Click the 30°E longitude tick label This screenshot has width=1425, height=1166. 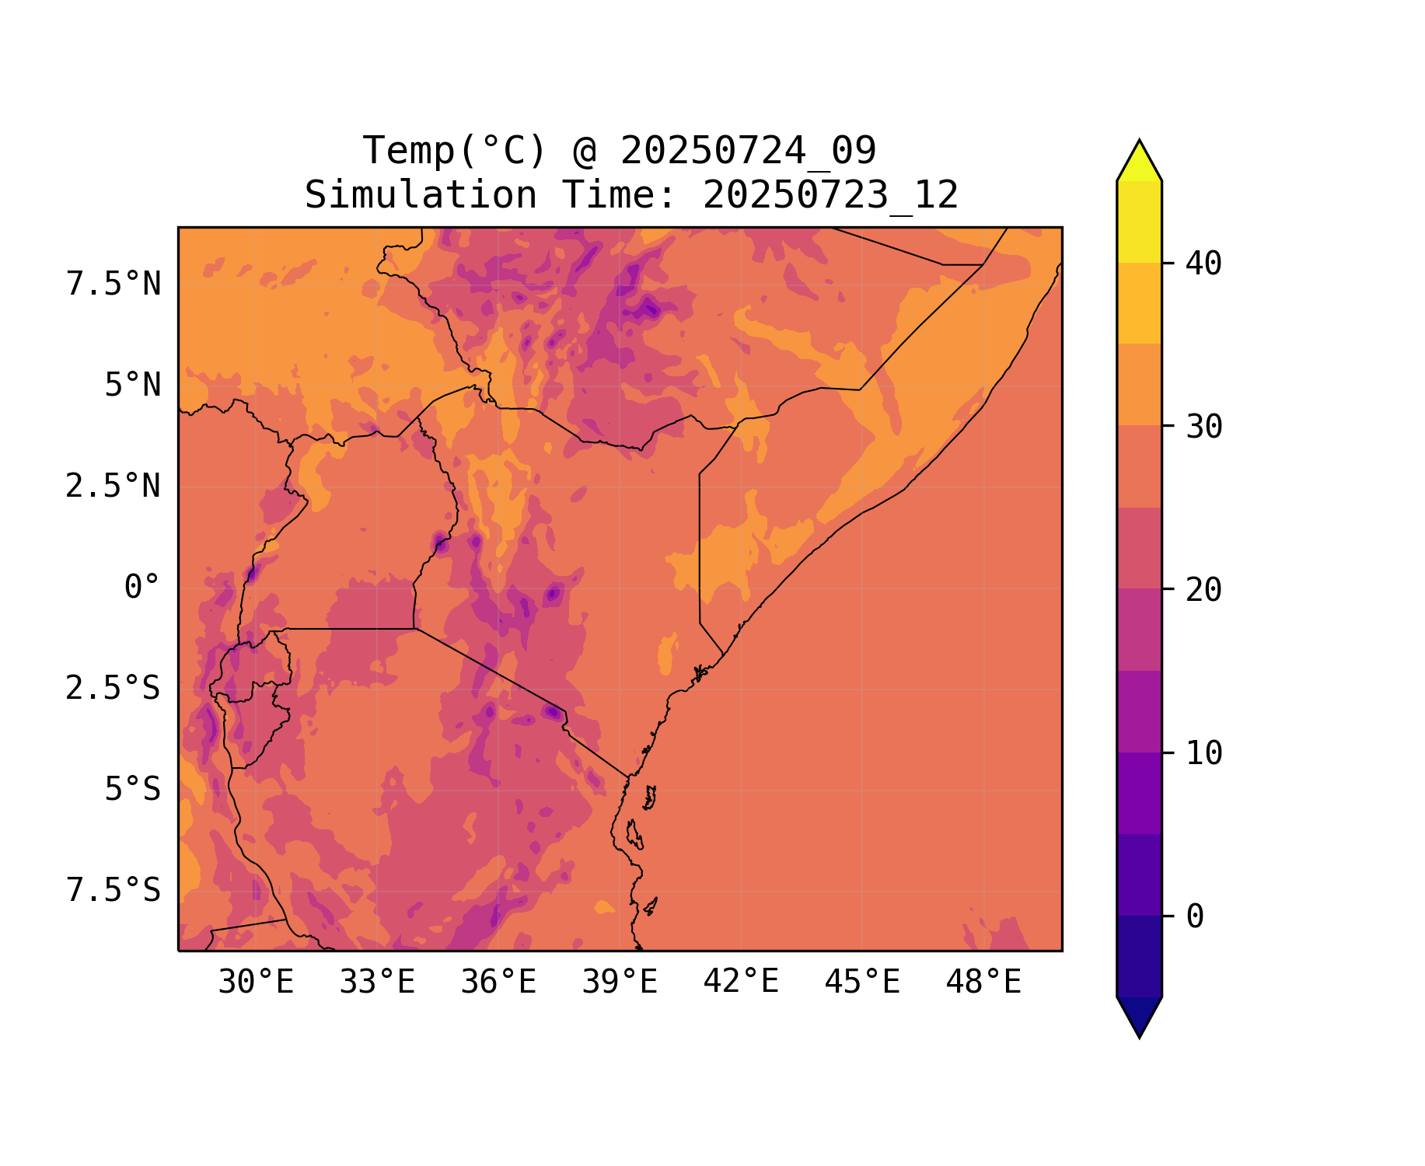coord(256,983)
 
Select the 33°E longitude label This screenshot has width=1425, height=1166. coord(377,983)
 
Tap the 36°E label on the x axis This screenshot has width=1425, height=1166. coord(498,983)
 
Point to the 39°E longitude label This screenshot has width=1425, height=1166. coord(620,983)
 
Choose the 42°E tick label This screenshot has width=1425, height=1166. coord(741,982)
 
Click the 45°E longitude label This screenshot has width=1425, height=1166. coord(862,983)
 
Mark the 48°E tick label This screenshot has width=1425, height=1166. coord(983,983)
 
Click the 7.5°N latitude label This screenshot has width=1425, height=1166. coord(114,285)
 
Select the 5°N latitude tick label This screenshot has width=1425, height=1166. coord(133,386)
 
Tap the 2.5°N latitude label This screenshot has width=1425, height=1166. coord(114,487)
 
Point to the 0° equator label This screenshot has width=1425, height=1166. coord(142,588)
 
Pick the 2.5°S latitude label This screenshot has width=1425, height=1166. coord(114,688)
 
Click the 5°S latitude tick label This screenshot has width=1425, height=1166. coord(133,789)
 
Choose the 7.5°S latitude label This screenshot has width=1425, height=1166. coord(114,890)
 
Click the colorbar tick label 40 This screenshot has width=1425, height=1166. coord(1203,264)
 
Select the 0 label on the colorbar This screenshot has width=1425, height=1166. coord(1195,916)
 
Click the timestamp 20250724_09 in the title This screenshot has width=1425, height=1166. coord(748,151)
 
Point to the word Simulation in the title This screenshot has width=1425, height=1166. coord(421,195)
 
